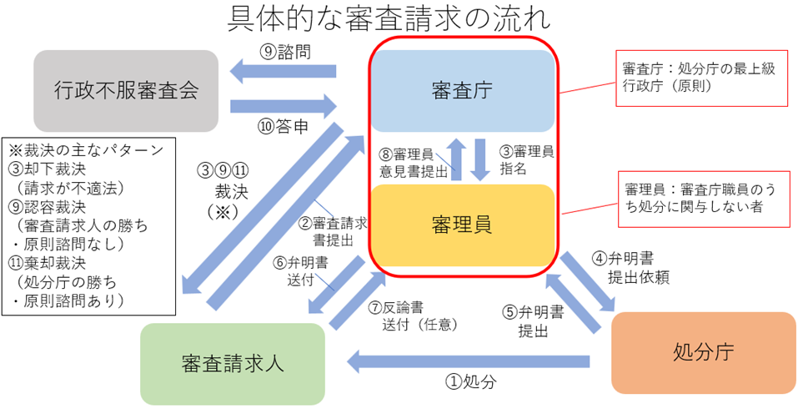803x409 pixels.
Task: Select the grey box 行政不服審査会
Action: (126, 88)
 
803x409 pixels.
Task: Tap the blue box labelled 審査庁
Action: (464, 89)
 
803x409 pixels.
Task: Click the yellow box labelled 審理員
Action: (462, 224)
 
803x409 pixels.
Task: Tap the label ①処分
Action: (471, 382)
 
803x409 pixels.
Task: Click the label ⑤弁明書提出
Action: (534, 321)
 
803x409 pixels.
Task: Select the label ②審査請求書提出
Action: (334, 231)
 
